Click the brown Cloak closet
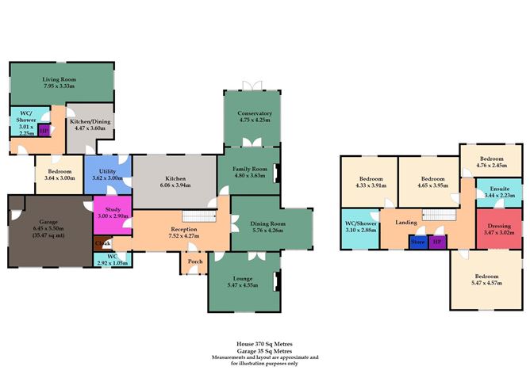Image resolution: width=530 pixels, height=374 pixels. [102, 242]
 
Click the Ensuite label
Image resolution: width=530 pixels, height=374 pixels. [499, 189]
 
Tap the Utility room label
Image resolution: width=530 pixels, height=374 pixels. [108, 171]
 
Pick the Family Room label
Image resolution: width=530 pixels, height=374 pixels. [249, 169]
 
